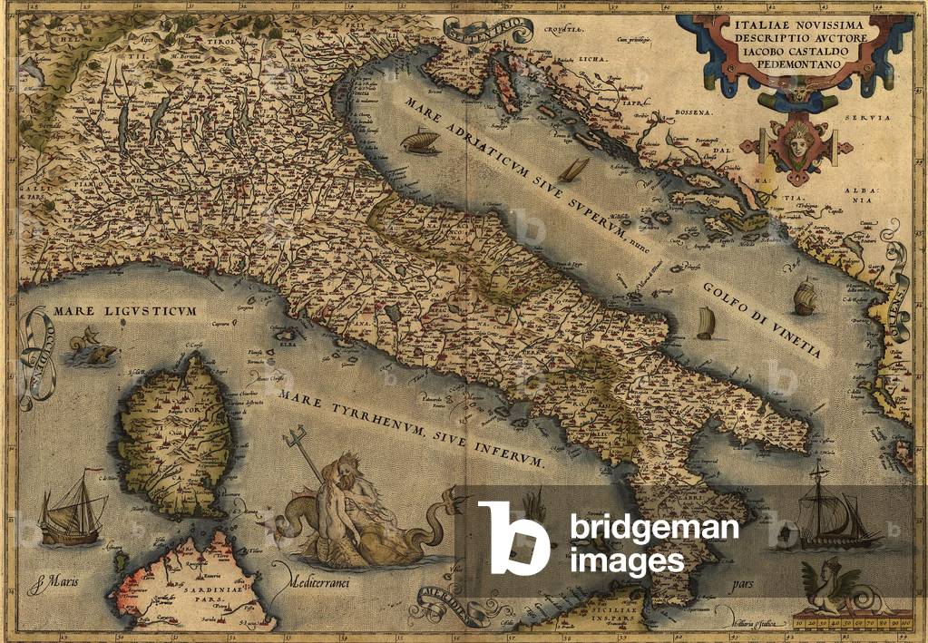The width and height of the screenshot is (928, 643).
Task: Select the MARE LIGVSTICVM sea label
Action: (x=124, y=312)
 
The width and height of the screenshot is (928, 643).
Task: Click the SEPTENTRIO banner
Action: (x=488, y=32)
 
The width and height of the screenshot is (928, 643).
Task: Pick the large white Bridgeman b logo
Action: (x=513, y=538)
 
